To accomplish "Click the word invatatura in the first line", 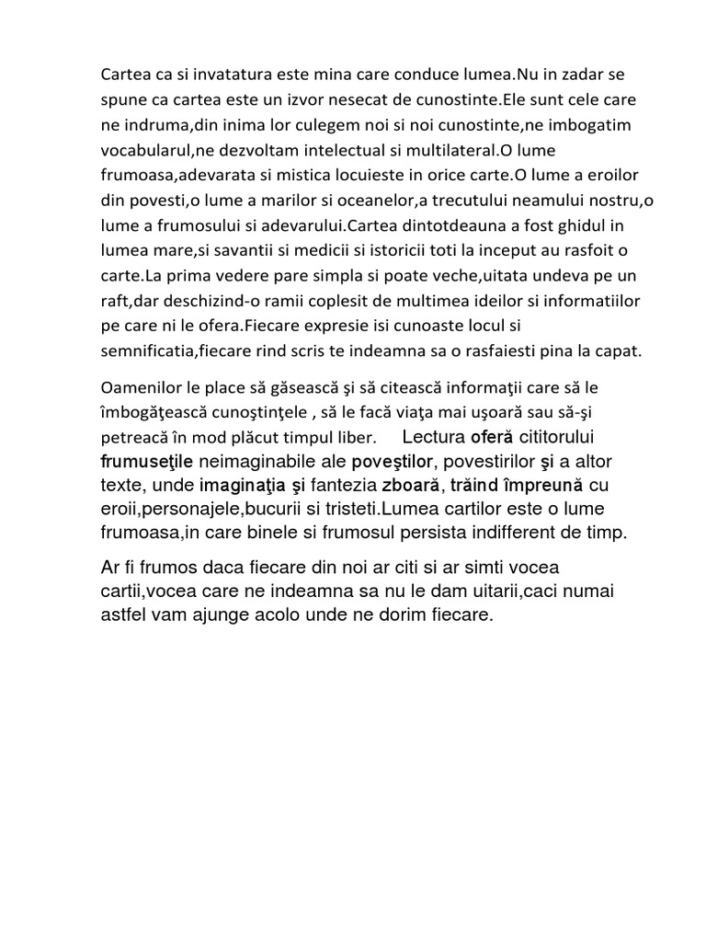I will [200, 74].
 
